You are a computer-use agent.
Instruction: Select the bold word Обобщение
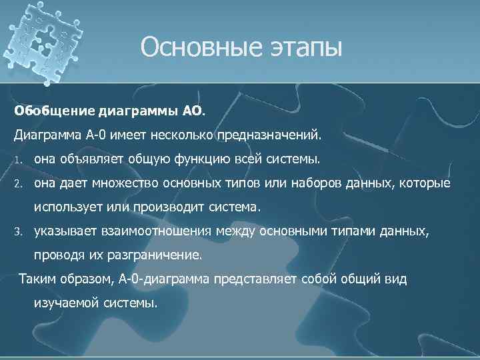(46, 109)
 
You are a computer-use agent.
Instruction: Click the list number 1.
(19, 161)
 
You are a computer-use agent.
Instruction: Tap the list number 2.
(19, 184)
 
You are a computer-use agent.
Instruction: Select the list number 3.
(19, 232)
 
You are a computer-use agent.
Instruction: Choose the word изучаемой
(67, 303)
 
